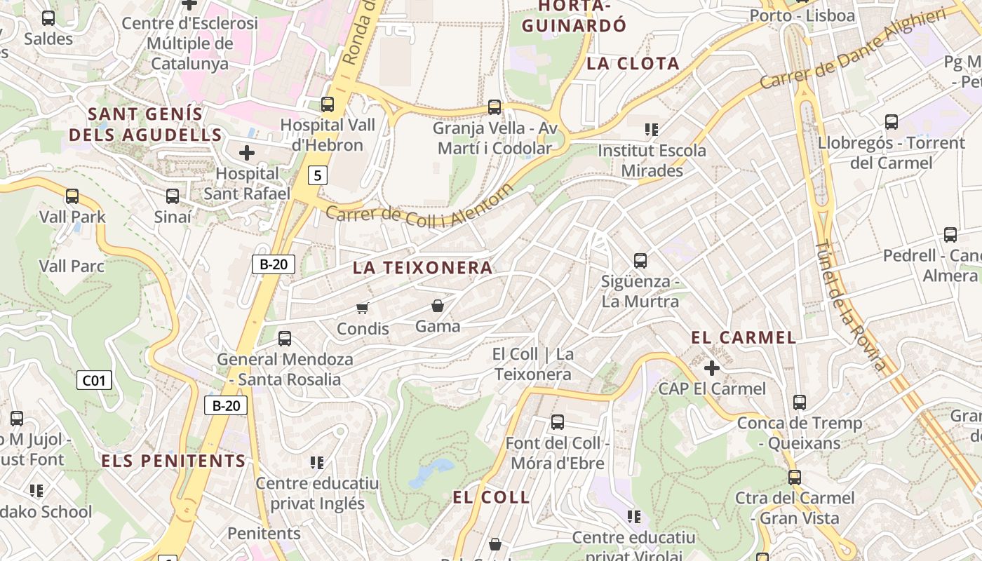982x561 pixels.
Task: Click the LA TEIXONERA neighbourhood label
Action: [422, 268]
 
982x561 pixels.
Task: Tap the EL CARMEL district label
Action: [744, 337]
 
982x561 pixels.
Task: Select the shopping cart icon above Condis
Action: [363, 308]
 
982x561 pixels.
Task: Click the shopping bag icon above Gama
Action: [438, 306]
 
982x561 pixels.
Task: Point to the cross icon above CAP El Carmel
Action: [712, 367]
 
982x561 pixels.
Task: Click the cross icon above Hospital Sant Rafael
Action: [247, 152]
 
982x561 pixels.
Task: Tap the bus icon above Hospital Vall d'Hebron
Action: [328, 104]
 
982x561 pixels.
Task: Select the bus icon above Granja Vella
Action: [495, 107]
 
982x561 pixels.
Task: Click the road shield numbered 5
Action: [318, 175]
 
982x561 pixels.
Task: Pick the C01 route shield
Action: [94, 381]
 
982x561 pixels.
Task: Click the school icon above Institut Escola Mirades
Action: [652, 130]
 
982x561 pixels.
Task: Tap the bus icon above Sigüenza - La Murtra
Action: [640, 261]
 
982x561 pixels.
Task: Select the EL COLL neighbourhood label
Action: [491, 498]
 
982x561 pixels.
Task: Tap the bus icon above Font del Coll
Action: [558, 422]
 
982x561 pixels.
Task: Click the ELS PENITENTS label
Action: [173, 461]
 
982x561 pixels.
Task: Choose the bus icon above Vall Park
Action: [72, 196]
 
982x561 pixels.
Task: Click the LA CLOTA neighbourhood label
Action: [633, 64]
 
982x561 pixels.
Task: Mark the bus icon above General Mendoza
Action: [285, 339]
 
